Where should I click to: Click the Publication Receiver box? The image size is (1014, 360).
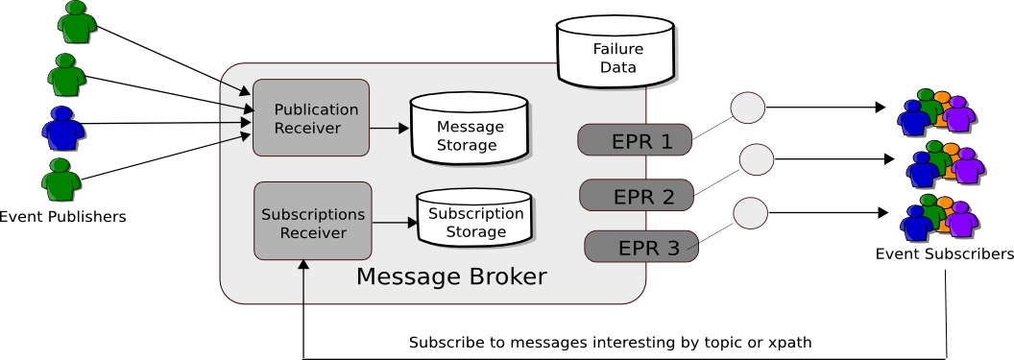point(311,117)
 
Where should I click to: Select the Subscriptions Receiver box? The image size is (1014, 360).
point(313,221)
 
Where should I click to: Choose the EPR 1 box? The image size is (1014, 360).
point(634,140)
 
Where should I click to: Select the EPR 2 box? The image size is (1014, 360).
point(637,196)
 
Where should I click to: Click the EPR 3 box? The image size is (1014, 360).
point(641,247)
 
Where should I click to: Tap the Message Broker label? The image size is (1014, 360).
point(451,277)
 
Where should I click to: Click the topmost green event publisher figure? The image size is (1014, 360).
point(77,23)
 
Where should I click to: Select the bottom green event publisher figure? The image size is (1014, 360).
point(61,179)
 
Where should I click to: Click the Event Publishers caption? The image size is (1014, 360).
point(62,216)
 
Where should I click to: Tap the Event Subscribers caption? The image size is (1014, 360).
point(944,254)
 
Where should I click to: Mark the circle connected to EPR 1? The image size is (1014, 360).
point(748,108)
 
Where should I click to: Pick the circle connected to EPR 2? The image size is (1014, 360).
point(756,159)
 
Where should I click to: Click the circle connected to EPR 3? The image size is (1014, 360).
point(750,211)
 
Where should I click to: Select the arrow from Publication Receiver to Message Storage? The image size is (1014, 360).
point(390,128)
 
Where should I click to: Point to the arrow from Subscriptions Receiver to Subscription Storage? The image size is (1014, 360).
point(395,223)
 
